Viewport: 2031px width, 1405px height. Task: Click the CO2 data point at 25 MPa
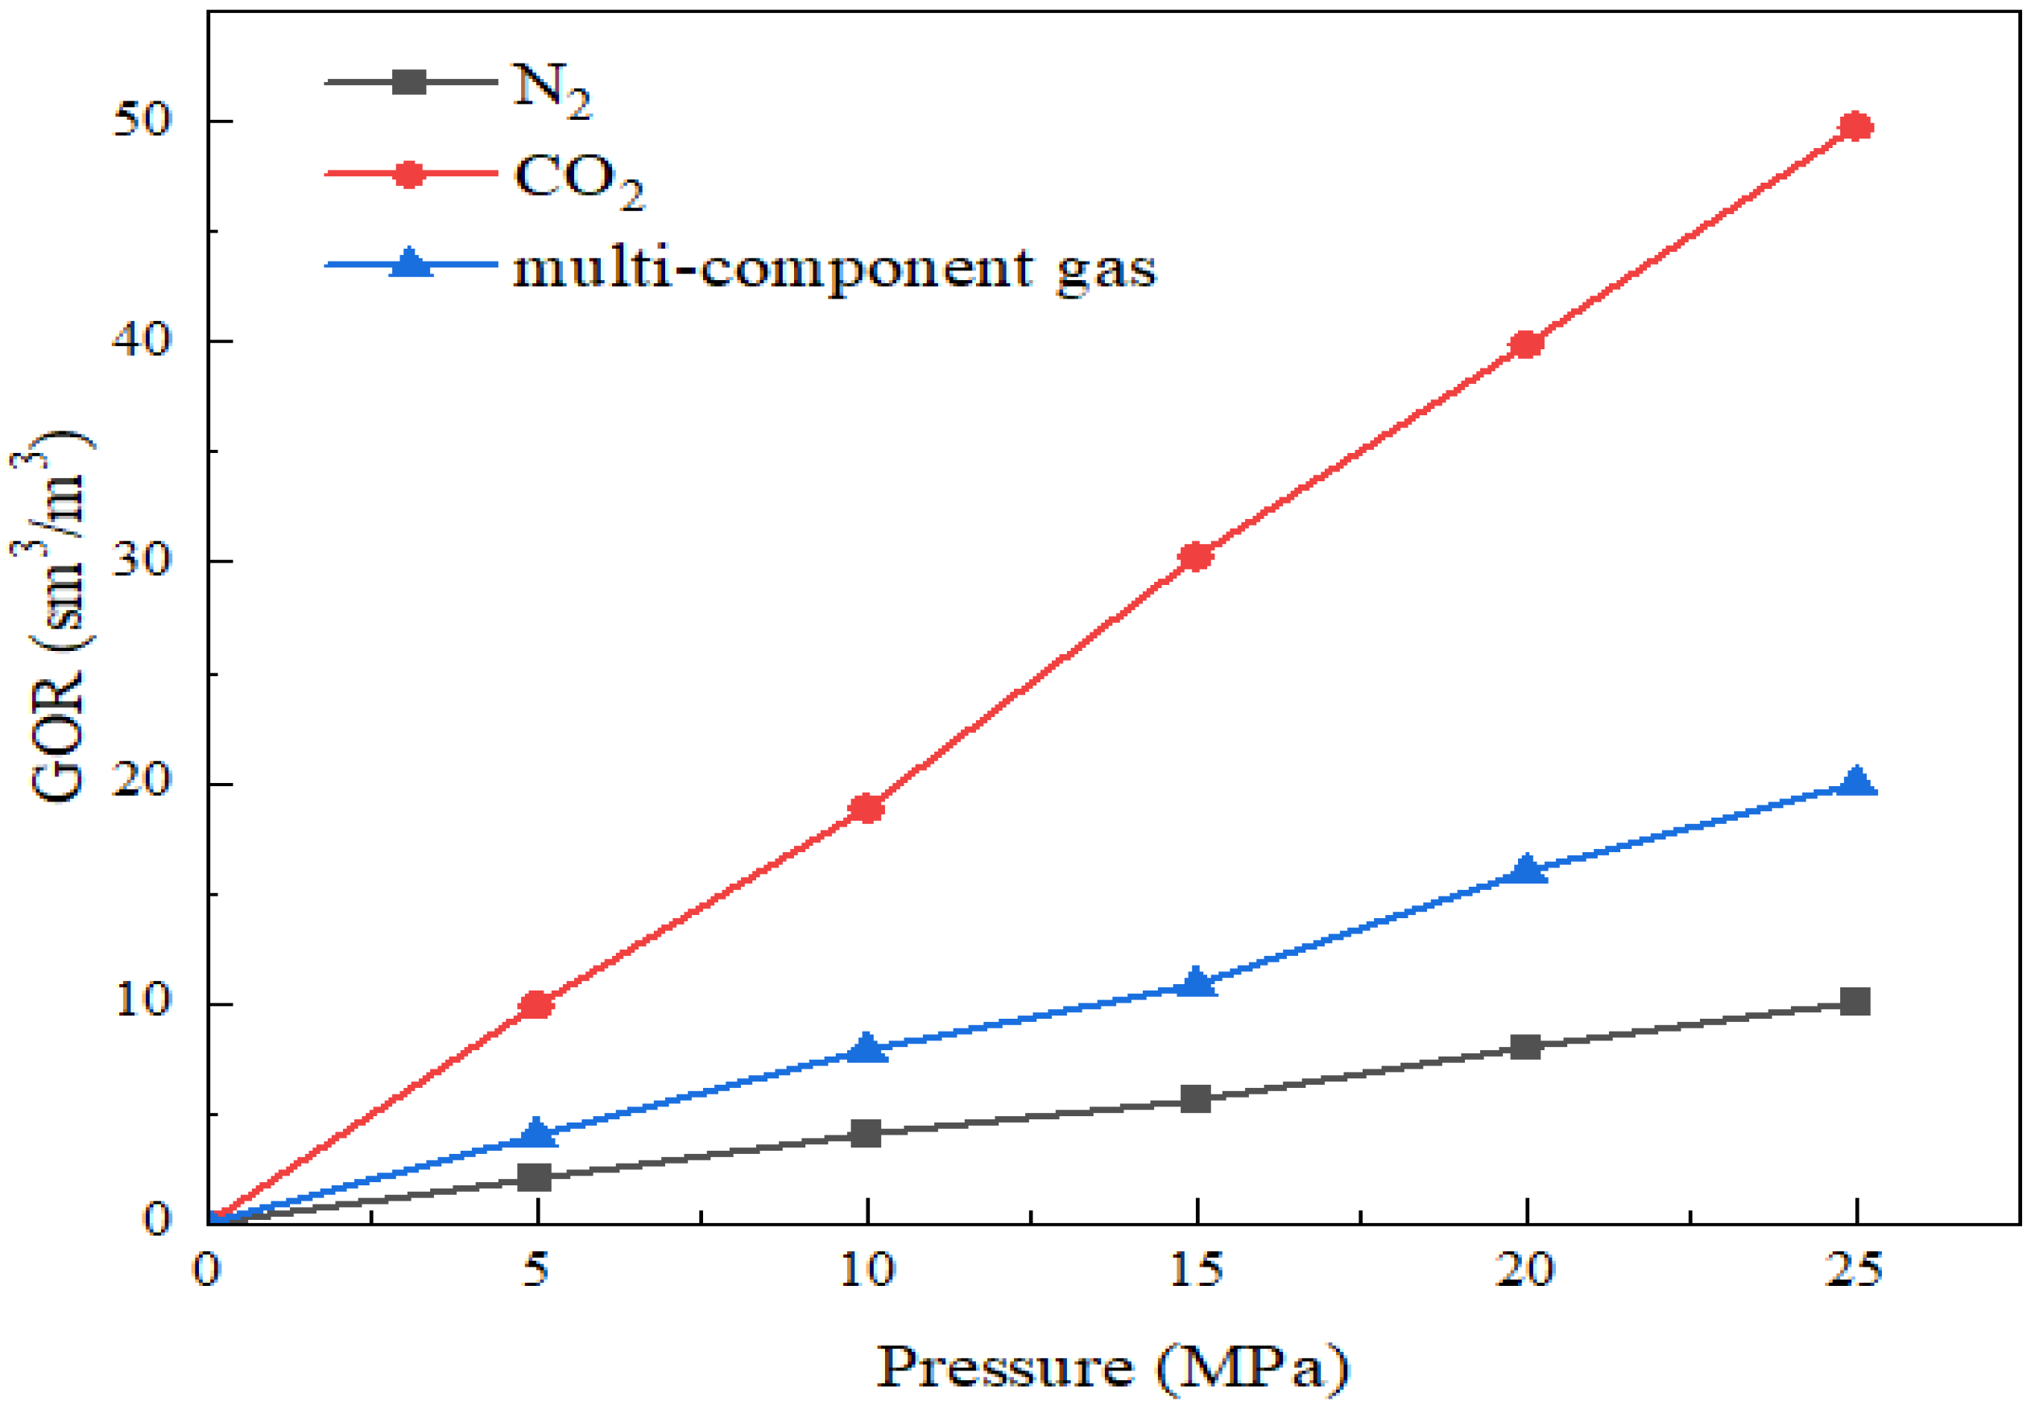click(1855, 128)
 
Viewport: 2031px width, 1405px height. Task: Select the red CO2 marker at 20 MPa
click(1525, 344)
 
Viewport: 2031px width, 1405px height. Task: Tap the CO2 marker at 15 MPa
click(1195, 556)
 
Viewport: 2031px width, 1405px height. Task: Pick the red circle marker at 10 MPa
click(867, 808)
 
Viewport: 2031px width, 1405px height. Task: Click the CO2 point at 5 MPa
click(536, 1005)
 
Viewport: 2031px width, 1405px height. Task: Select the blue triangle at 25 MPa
click(1855, 781)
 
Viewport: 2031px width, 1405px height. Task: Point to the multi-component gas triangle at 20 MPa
click(1526, 870)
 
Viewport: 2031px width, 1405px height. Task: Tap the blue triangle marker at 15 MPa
click(1196, 983)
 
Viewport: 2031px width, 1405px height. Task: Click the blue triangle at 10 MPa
click(867, 1049)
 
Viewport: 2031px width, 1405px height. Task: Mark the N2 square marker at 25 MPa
click(1855, 1002)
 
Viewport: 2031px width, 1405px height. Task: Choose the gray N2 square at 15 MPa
click(1195, 1098)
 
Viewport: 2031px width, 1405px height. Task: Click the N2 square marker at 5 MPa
click(535, 1178)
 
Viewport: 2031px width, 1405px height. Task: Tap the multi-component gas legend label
click(833, 269)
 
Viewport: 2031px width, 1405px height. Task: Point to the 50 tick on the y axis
click(141, 120)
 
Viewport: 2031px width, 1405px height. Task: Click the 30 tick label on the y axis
click(141, 560)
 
